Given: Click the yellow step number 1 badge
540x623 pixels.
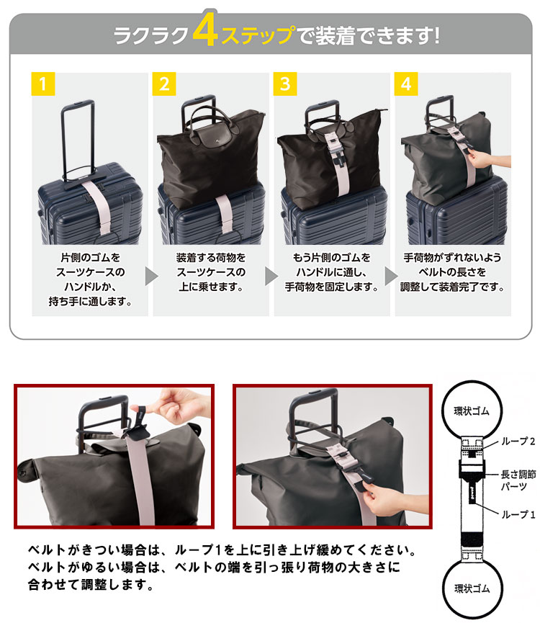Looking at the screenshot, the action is [43, 84].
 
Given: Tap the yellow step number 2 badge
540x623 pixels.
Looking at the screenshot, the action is [164, 84].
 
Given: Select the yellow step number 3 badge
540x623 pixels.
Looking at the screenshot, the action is [285, 84].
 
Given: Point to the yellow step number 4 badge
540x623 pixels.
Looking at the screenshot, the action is [406, 84].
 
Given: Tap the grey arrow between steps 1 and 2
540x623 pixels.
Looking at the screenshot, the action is [151, 276].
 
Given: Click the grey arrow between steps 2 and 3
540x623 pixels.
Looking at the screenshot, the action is [271, 276].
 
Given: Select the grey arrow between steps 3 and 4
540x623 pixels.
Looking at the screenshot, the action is [392, 276].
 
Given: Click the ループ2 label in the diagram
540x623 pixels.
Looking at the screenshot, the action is [518, 441].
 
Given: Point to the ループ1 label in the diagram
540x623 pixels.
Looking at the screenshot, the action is [518, 514].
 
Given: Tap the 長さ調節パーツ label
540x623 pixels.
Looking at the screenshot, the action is [518, 480].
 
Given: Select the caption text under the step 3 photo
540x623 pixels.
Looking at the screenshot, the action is [331, 272].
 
